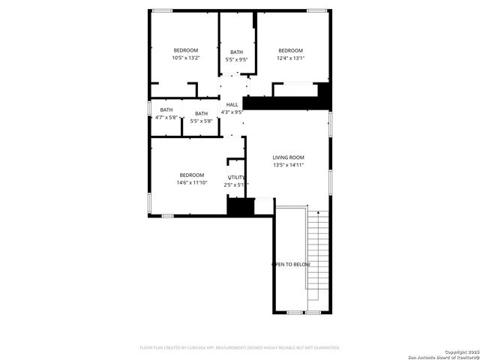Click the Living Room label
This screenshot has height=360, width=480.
tap(288, 157)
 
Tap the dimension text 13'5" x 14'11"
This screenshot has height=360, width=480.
tap(288, 165)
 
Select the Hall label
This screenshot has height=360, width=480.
tap(232, 104)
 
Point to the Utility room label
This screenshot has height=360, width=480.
tap(236, 177)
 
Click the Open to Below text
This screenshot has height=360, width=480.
tap(290, 265)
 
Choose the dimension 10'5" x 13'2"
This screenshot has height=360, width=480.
tap(185, 58)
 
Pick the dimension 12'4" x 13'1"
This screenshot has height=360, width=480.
tap(290, 58)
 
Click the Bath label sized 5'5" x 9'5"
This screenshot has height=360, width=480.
tap(236, 52)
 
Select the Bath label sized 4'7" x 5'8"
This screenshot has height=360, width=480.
tap(166, 110)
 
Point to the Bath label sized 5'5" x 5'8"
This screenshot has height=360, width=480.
tap(201, 114)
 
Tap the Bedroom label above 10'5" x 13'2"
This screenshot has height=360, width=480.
tap(185, 50)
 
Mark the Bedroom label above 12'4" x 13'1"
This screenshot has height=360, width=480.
tap(290, 50)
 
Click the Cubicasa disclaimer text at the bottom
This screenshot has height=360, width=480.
tap(240, 348)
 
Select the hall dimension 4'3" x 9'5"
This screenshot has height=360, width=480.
tap(232, 112)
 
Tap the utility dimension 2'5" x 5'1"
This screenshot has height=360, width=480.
tap(236, 184)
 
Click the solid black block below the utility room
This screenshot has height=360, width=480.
tap(237, 206)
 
